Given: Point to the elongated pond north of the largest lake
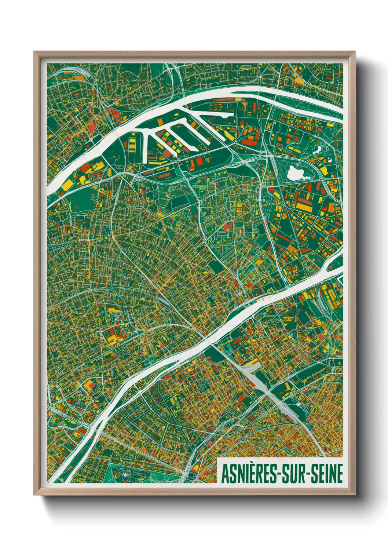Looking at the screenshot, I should pyautogui.click(x=318, y=149).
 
